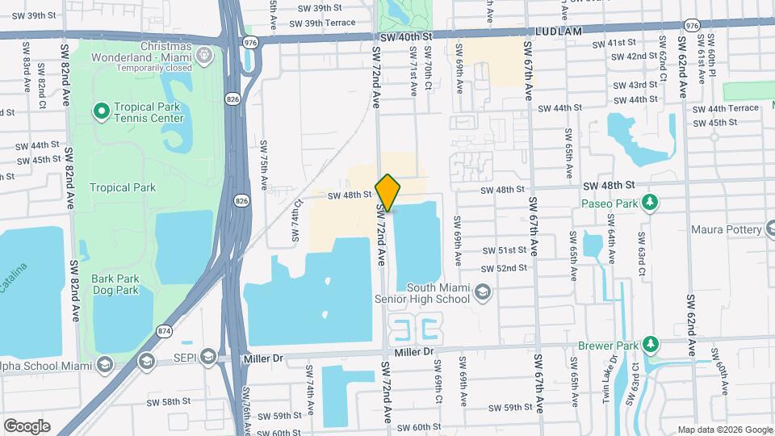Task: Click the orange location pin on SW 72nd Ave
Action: pos(387,192)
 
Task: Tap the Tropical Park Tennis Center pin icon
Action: pos(102,111)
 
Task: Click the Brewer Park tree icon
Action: pos(651,346)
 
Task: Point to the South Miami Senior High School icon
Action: pos(483,292)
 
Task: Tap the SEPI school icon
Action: pos(207,357)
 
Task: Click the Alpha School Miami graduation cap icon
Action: pos(104,364)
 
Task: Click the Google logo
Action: pos(26,426)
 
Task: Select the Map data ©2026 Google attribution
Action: pos(724,430)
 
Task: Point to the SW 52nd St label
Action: pos(504,268)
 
